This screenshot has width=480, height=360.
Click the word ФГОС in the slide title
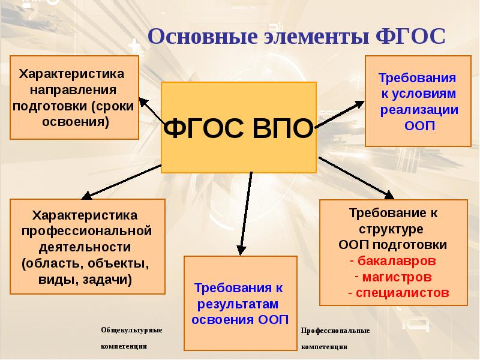coord(413,35)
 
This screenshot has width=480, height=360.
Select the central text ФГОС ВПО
coord(239,127)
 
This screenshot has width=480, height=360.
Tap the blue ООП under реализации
coord(419,127)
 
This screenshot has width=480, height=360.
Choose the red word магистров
coord(397,278)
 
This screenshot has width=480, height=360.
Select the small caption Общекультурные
coord(131,331)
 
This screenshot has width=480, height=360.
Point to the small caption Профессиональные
coord(335,331)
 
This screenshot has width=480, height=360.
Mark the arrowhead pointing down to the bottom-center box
coord(241,248)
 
